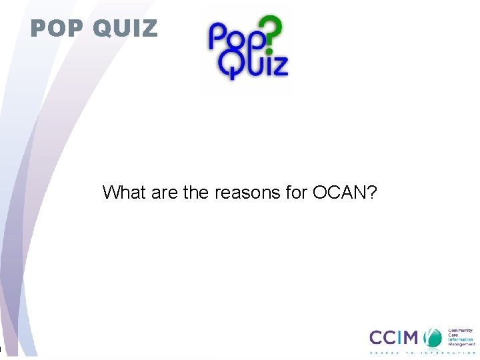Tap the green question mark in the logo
(x=273, y=33)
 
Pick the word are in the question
(x=166, y=193)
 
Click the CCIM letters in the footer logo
(x=396, y=338)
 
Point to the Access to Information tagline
(x=423, y=353)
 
